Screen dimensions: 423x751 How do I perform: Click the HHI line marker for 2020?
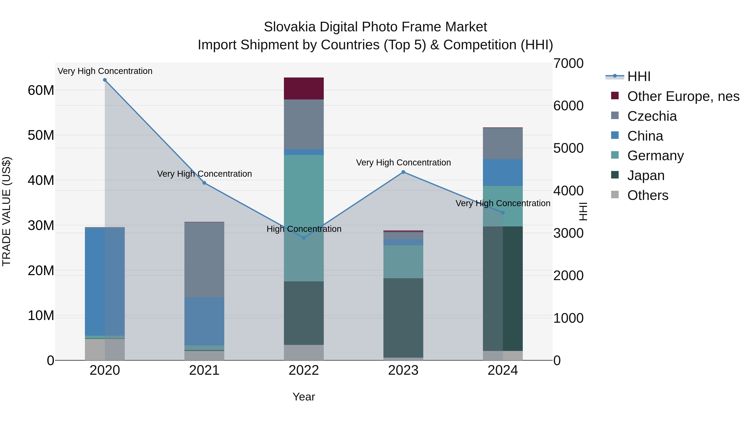coord(105,80)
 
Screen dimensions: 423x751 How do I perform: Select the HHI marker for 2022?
coord(304,238)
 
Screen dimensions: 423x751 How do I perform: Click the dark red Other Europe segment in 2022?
coord(304,88)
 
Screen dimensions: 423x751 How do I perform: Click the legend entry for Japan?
coord(645,175)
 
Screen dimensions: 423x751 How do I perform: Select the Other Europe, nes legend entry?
coord(683,96)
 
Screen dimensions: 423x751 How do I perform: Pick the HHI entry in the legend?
coord(639,76)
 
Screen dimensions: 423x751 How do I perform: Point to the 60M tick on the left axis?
coord(41,90)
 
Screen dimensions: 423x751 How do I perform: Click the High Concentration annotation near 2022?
coord(304,229)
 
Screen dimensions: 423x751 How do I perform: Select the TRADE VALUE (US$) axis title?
coord(6,211)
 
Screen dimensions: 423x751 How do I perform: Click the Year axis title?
coord(304,397)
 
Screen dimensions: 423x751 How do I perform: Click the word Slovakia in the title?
coord(290,27)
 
